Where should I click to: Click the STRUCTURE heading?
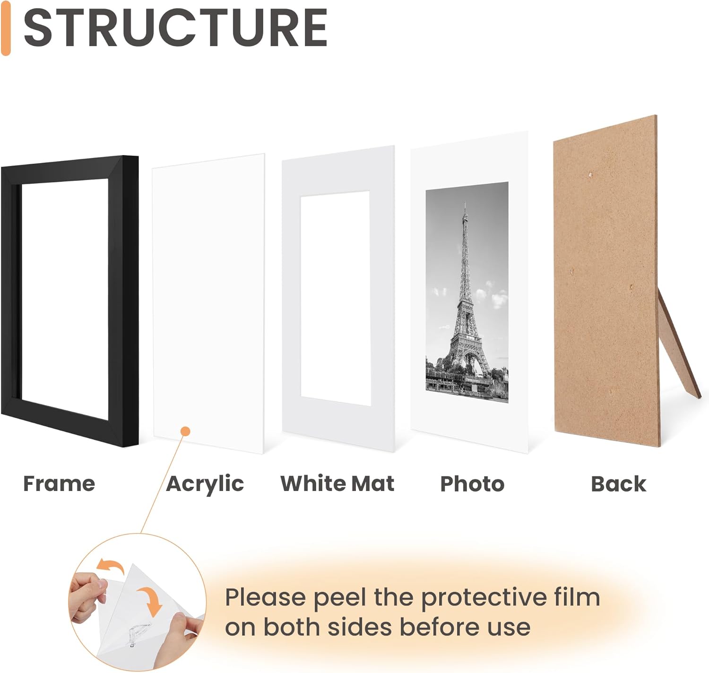pos(175,28)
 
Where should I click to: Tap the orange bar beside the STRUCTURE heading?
pos(6,28)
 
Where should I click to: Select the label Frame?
pos(59,483)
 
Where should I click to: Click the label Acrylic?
pos(205,483)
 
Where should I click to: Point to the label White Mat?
pos(337,483)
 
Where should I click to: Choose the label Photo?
pos(472,484)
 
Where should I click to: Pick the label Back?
pos(618,484)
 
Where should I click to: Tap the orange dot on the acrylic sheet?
pos(186,431)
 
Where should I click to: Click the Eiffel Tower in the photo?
pos(466,302)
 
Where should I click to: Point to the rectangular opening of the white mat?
pos(335,298)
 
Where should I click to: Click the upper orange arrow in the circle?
pos(110,565)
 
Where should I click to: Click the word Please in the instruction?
pos(265,597)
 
